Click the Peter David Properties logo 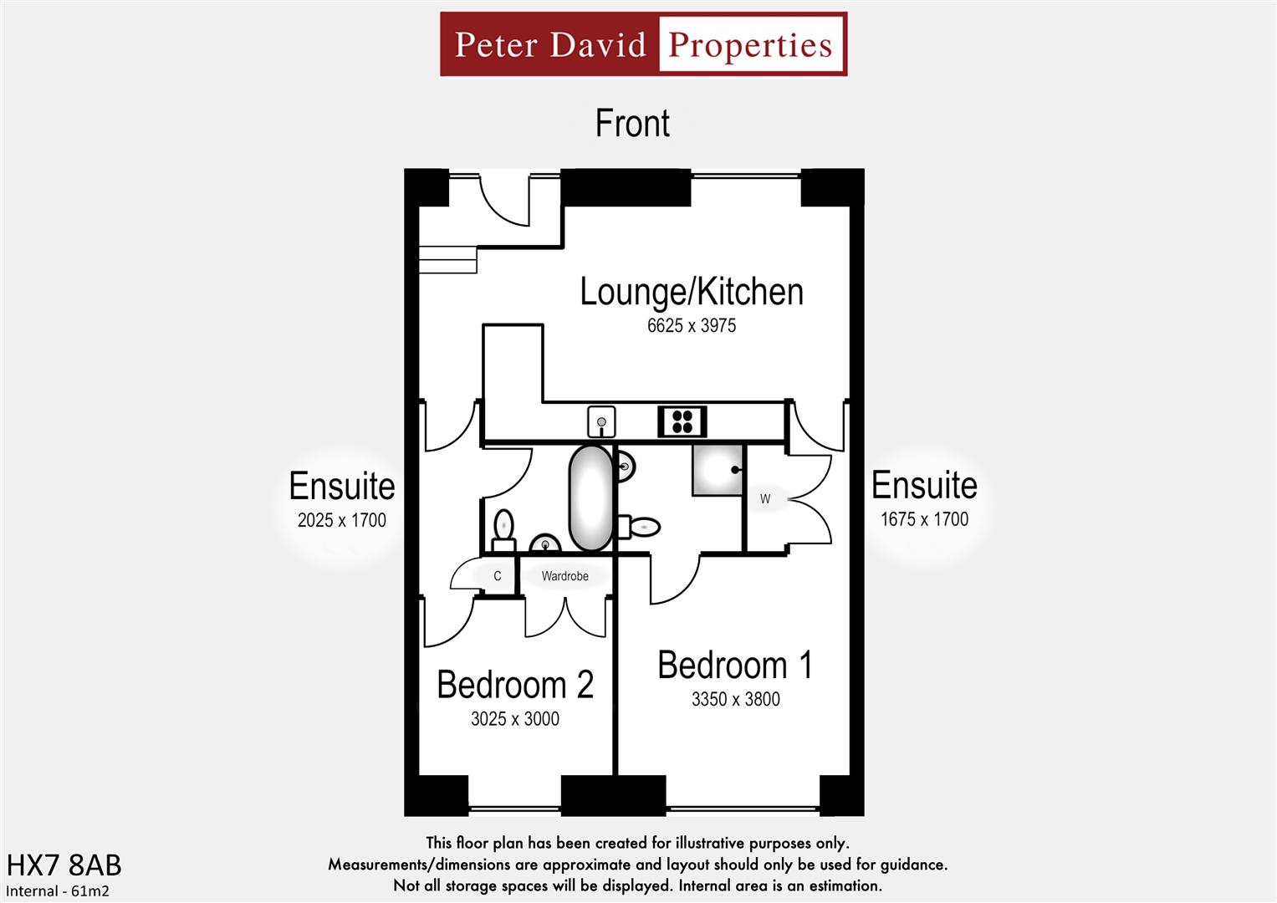click(643, 44)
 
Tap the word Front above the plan click(632, 124)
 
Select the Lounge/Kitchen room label click(692, 292)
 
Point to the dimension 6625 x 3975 click(692, 326)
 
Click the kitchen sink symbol click(600, 422)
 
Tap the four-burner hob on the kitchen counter click(682, 421)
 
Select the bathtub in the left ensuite click(590, 498)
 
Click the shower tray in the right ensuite click(718, 470)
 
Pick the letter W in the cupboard click(764, 499)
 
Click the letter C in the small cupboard click(497, 576)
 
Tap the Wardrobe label click(564, 576)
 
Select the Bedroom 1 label click(735, 666)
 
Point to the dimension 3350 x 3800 click(735, 700)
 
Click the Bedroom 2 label click(515, 685)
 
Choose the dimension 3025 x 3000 click(515, 719)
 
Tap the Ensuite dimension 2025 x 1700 click(341, 520)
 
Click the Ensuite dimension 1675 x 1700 click(924, 519)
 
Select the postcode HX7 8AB click(64, 865)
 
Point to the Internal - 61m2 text click(58, 891)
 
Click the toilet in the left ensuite click(503, 530)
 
